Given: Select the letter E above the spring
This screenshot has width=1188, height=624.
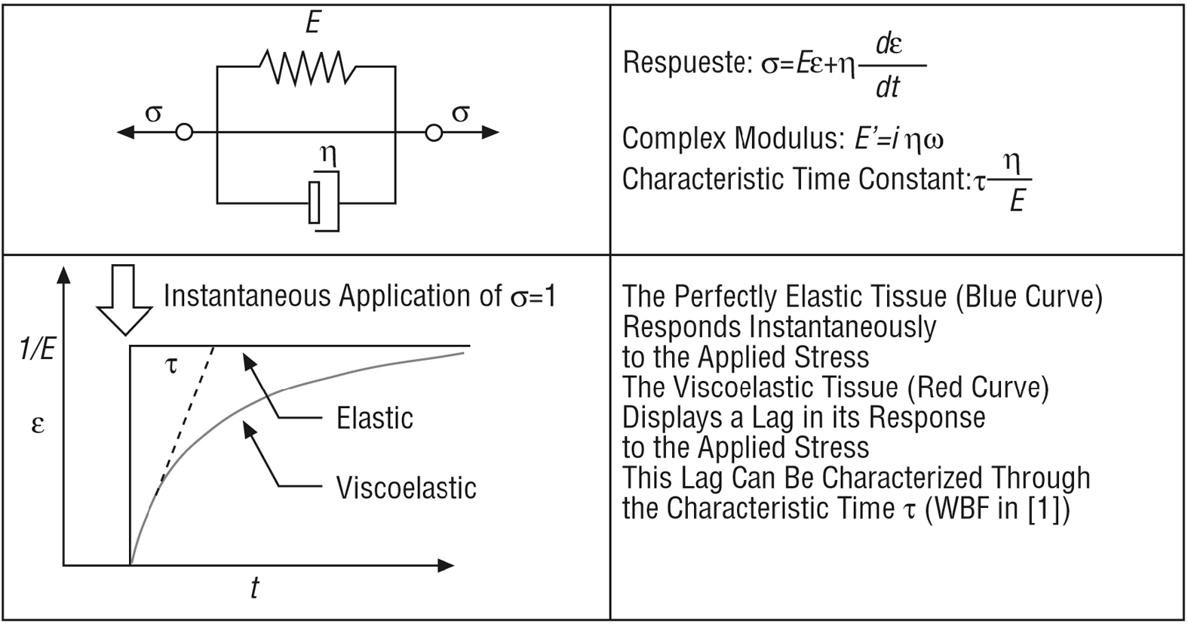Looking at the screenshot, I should tap(313, 23).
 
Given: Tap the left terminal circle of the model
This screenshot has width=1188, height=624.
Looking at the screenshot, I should tap(184, 133).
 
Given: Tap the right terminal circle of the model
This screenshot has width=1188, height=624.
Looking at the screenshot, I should tap(433, 133).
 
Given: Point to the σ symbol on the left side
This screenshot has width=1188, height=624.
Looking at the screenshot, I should tap(153, 114).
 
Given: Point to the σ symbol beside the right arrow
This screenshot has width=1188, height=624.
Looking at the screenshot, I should tap(460, 114).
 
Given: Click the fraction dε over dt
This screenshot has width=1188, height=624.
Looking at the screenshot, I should tap(889, 66).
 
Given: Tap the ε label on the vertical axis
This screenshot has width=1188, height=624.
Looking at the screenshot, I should tap(38, 425).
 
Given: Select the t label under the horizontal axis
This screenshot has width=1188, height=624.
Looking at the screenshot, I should tap(255, 588).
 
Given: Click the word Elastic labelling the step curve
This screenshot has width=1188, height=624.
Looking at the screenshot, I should tap(374, 418).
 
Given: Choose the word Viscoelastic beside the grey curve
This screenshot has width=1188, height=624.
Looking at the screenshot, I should tap(406, 488).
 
